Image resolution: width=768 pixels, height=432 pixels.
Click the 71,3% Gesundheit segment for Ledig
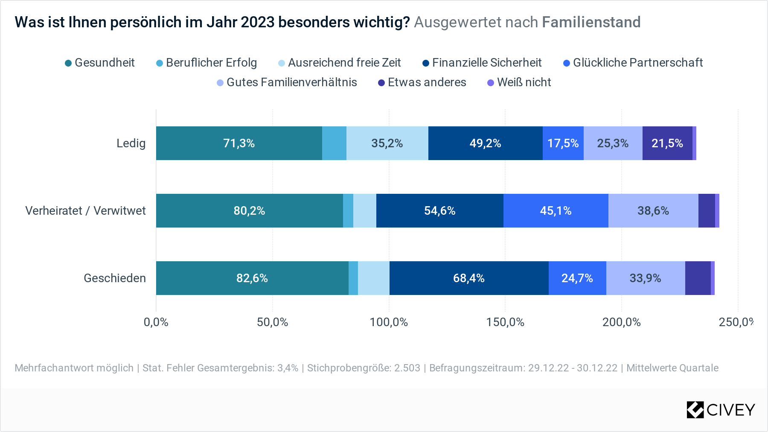[239, 143]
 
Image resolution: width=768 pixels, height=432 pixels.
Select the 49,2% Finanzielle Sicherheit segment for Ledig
[485, 143]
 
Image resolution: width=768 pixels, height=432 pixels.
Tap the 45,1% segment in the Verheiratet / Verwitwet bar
[556, 211]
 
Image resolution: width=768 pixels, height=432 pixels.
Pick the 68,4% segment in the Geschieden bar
[468, 278]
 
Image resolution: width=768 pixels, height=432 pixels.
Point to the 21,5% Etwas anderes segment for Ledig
[667, 143]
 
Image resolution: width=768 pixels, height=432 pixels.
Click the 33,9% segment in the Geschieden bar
[645, 278]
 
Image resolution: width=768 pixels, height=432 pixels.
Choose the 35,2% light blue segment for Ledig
[387, 143]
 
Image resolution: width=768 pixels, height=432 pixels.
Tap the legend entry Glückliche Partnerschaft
[633, 63]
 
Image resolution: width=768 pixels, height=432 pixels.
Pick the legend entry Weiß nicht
[519, 82]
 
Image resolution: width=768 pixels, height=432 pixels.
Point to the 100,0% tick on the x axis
[389, 322]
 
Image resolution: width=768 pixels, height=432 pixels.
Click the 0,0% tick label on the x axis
[156, 322]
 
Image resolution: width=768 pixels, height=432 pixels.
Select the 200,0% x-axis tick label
[621, 322]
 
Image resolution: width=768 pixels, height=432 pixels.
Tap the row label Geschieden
[115, 278]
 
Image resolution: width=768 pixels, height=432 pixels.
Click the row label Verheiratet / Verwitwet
[85, 211]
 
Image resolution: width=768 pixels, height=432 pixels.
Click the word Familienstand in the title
[591, 22]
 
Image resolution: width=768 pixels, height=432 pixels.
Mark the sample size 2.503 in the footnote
[407, 368]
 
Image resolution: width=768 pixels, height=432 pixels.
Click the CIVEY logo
[721, 410]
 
